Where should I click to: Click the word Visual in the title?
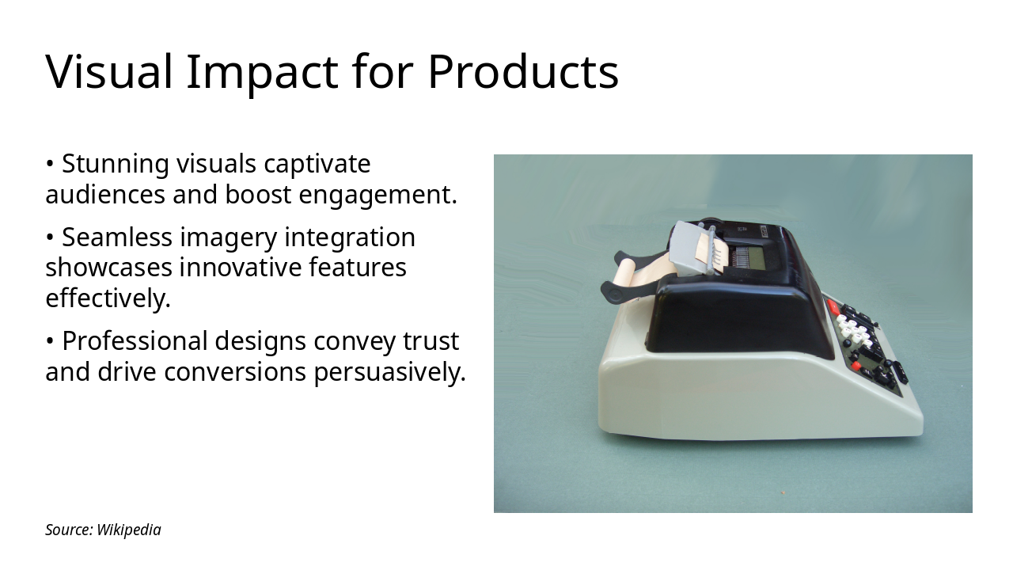click(x=109, y=72)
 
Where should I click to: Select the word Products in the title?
click(x=523, y=71)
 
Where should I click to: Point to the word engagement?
click(x=378, y=196)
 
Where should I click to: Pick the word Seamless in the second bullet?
click(x=117, y=237)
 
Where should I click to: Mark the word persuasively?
click(x=389, y=373)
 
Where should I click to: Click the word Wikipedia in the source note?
click(x=129, y=530)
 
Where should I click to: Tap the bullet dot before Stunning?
click(x=50, y=164)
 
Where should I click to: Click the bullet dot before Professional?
click(x=50, y=341)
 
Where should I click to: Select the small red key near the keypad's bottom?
click(x=856, y=365)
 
